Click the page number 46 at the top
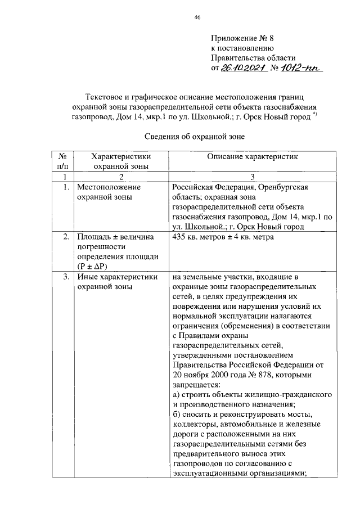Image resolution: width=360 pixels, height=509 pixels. coord(197,17)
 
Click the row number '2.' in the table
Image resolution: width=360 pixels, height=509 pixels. coord(66,237)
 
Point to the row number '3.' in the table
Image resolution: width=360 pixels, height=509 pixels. coord(66,277)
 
